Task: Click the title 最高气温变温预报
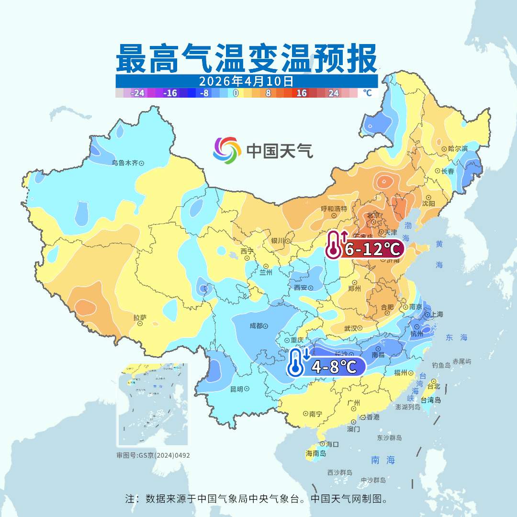[247, 58]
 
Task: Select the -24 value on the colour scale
[138, 93]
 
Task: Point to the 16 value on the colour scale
[302, 93]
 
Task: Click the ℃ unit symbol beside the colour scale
[367, 93]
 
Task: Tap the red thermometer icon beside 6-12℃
[334, 245]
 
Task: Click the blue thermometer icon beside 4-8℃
[297, 362]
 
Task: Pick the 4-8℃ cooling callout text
[334, 367]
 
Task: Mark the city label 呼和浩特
[334, 209]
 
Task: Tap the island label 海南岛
[316, 453]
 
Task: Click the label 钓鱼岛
[441, 365]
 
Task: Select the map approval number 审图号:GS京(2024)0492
[153, 455]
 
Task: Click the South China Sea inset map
[153, 405]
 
